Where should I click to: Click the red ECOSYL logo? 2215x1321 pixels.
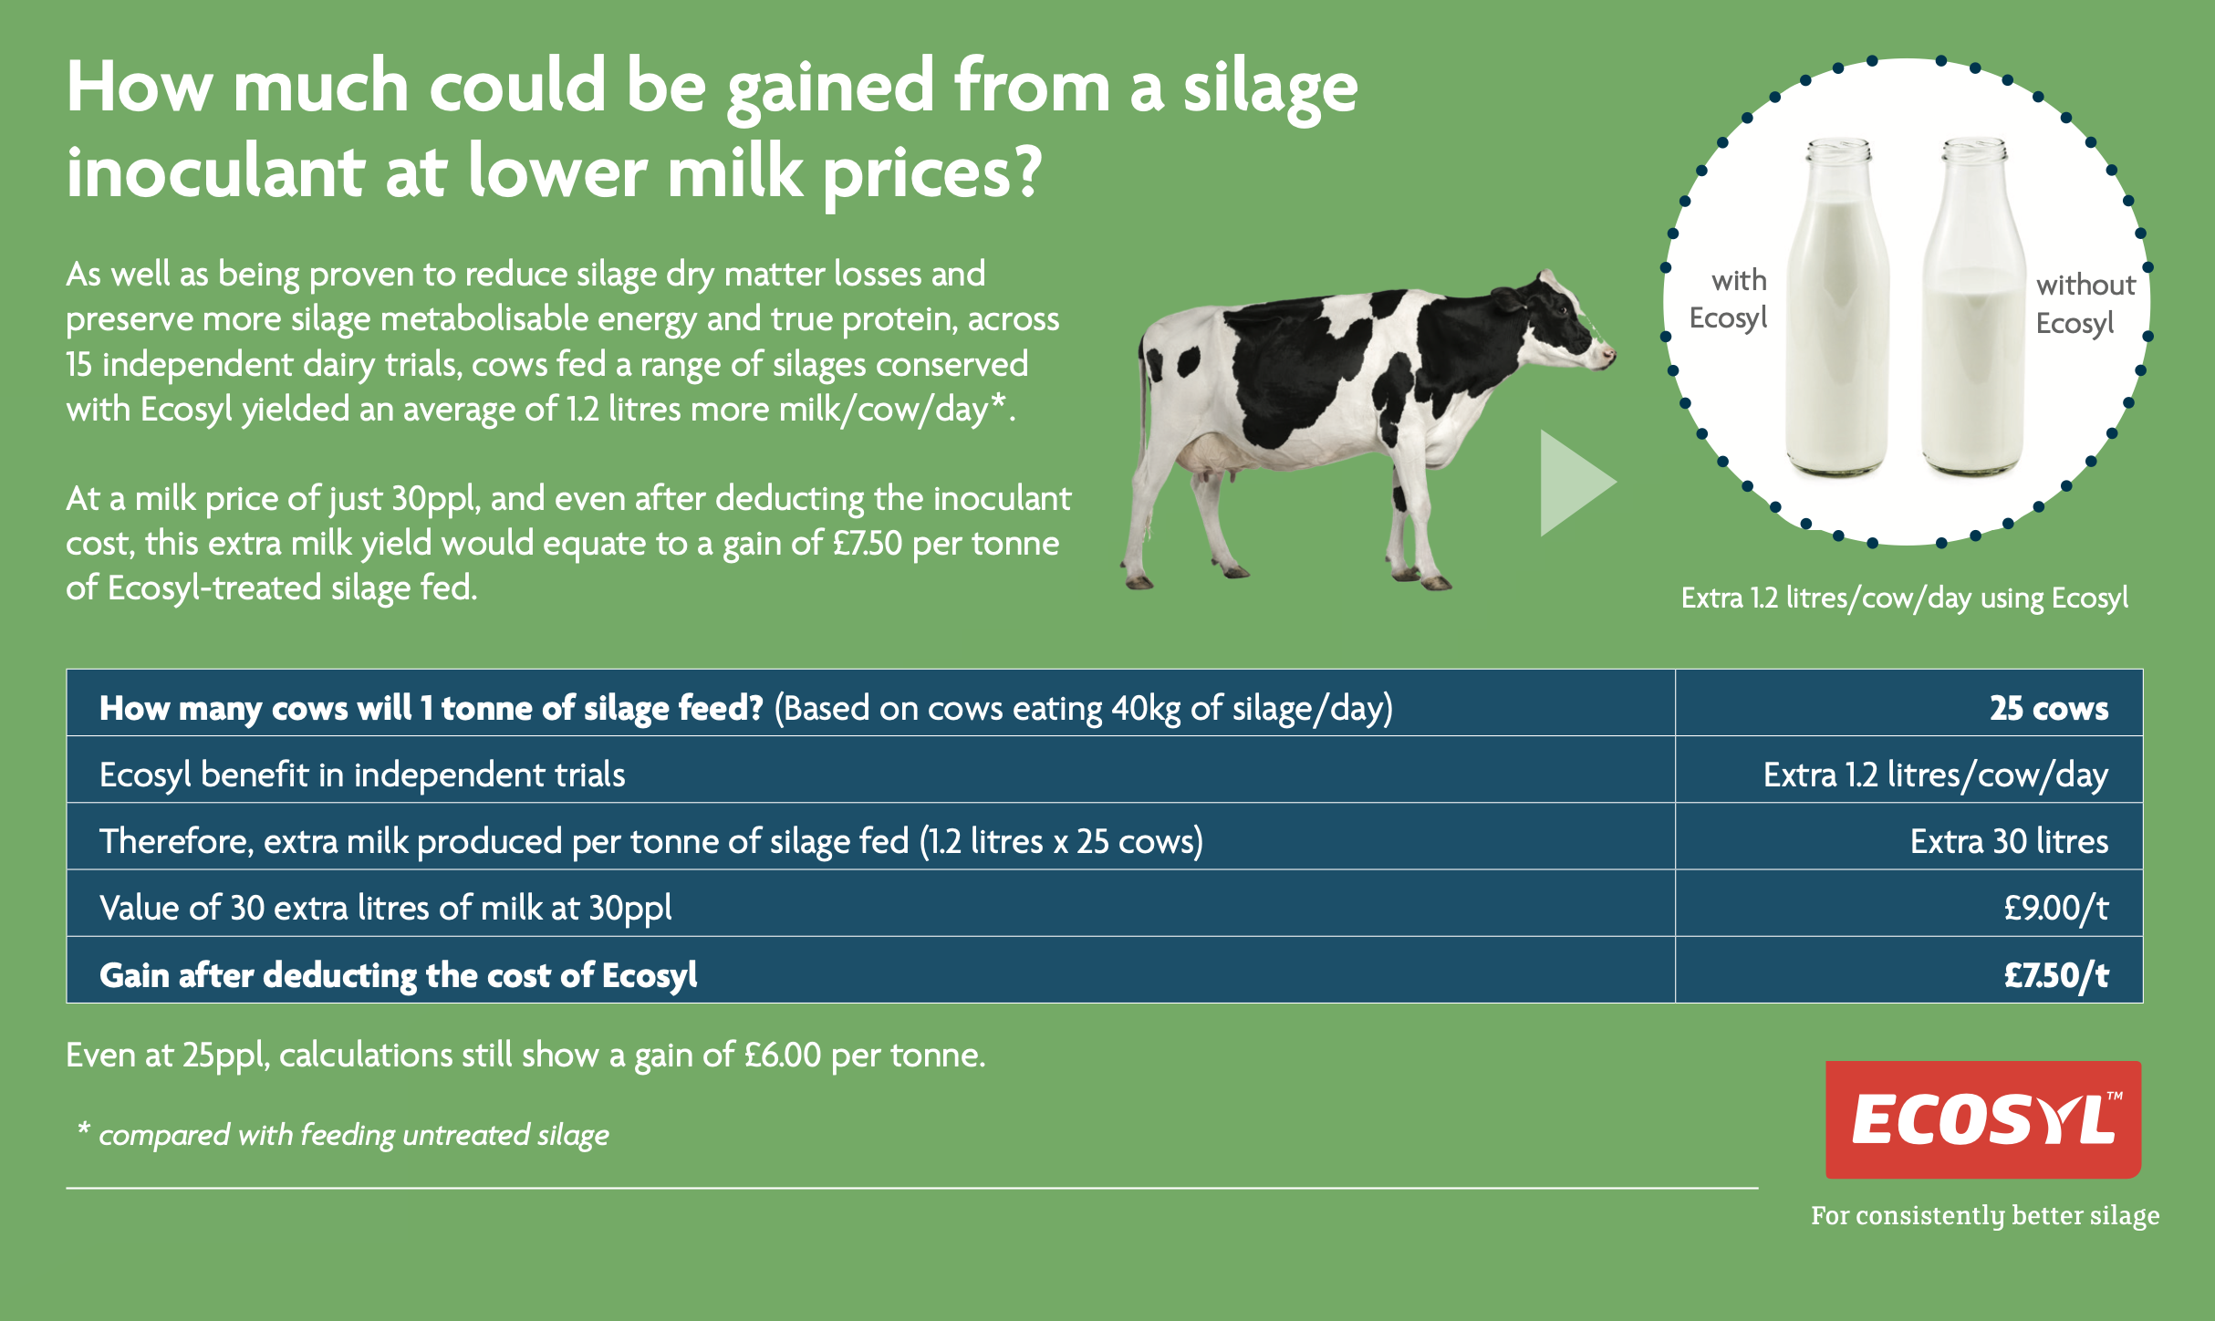[1982, 1118]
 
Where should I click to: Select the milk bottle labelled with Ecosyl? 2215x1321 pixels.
[1836, 310]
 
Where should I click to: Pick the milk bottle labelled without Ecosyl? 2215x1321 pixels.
[1973, 310]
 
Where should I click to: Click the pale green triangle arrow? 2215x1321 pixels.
[1573, 483]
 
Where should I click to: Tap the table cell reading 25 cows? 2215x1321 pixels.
[2048, 708]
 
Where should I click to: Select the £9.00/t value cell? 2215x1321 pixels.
[2055, 908]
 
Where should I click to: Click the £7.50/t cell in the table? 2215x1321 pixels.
[2055, 975]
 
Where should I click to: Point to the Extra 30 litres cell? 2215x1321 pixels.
[2008, 841]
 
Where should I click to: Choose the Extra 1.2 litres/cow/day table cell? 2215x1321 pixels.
[1935, 775]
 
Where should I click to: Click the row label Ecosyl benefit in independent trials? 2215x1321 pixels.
[362, 775]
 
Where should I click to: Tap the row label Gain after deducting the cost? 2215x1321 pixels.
[398, 975]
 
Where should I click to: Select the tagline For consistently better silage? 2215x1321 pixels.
[1984, 1215]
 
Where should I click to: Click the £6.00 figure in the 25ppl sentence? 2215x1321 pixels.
[783, 1056]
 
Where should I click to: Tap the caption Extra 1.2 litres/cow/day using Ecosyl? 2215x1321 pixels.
[1904, 598]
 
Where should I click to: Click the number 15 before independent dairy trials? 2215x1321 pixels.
[79, 365]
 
